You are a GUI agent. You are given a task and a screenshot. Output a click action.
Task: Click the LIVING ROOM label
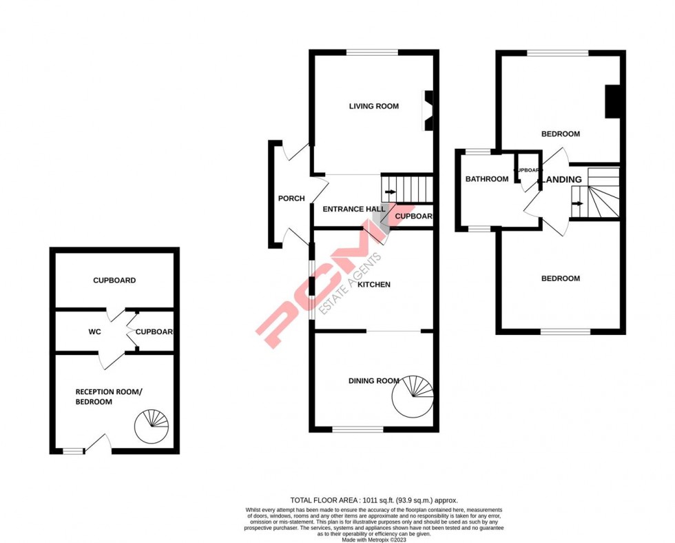[x=373, y=106]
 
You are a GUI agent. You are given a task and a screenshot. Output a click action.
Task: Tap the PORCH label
[x=291, y=199]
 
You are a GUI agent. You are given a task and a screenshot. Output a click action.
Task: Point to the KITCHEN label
[x=373, y=285]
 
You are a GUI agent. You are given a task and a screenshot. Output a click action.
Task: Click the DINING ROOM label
[x=373, y=381]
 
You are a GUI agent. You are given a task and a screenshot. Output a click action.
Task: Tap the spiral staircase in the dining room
[x=413, y=396]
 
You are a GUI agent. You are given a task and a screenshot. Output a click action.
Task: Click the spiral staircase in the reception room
[x=151, y=426]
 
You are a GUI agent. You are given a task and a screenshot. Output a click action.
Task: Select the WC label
[x=95, y=332]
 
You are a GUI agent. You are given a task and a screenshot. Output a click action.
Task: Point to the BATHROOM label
[x=487, y=179]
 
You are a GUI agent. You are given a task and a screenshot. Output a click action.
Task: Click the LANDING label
[x=563, y=180]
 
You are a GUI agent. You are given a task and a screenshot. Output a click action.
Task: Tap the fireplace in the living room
[x=428, y=110]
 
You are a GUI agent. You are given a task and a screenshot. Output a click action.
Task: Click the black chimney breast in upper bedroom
[x=612, y=101]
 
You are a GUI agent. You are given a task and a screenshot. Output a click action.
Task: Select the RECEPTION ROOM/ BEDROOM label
[x=108, y=397]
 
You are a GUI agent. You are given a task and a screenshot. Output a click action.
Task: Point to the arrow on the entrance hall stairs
[x=391, y=192]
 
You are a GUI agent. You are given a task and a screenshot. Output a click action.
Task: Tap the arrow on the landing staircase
[x=579, y=203]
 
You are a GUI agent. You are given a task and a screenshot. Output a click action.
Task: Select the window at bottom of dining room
[x=357, y=429]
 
